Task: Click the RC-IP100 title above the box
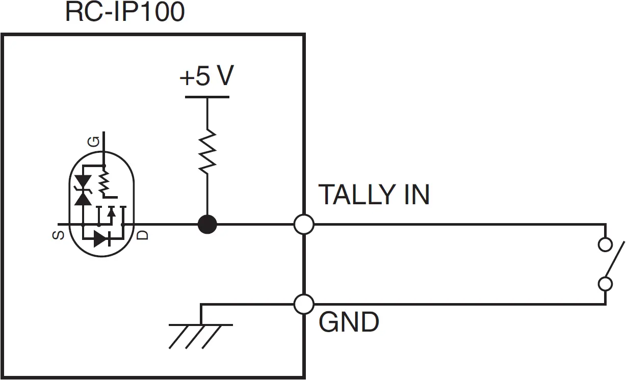coord(124,12)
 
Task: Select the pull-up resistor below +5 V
coord(207,151)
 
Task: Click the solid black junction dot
coord(207,224)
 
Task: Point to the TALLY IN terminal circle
coord(304,224)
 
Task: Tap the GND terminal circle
coord(304,305)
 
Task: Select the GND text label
coord(349,322)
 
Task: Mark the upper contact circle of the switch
coord(605,245)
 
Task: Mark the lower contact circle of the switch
coord(605,283)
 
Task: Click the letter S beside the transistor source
coord(59,235)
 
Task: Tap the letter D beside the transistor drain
coord(144,235)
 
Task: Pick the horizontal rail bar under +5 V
coord(206,97)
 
